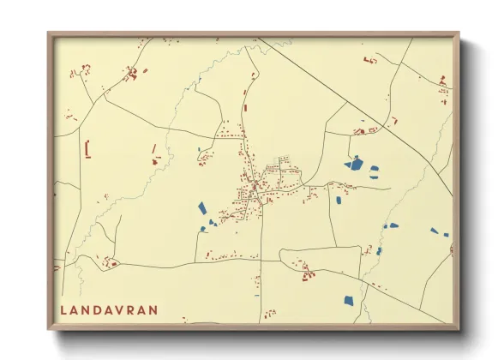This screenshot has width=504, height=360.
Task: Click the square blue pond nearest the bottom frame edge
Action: [x=348, y=299]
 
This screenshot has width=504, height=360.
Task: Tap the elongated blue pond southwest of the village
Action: [x=201, y=207]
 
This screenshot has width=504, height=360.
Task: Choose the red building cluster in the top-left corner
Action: [x=132, y=75]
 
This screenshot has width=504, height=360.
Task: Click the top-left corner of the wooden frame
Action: [x=50, y=34]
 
